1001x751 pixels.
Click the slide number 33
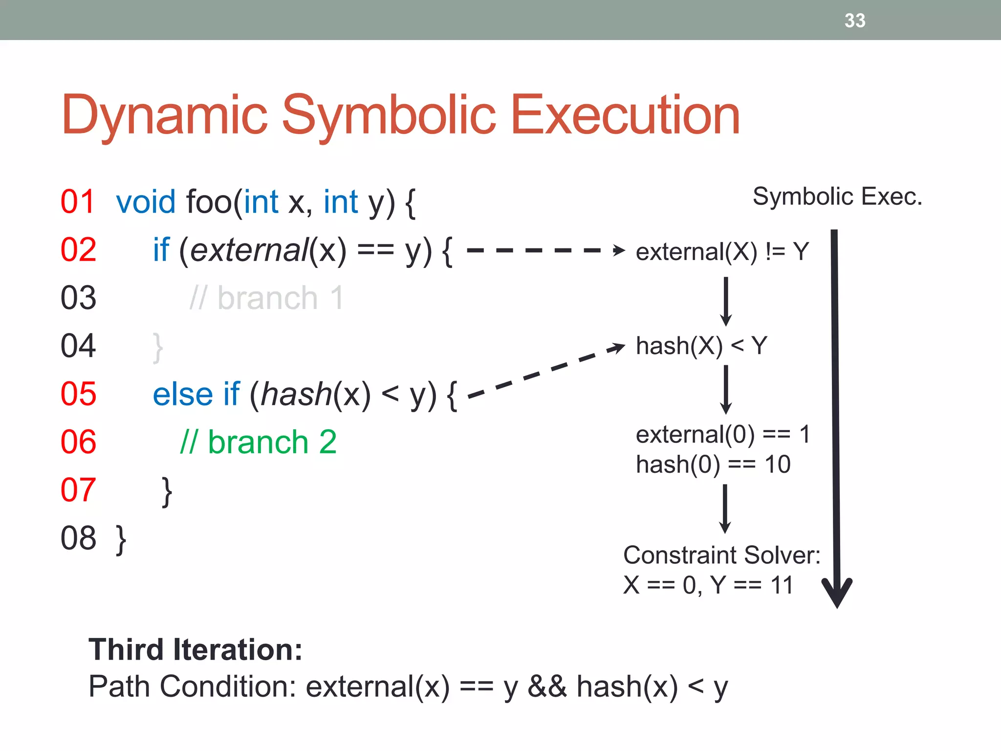pos(854,21)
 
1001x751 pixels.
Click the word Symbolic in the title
pos(389,115)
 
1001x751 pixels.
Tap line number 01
pos(77,201)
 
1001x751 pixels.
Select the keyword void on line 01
pos(146,201)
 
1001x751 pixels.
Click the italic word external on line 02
pos(248,250)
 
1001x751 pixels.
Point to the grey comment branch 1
pos(267,298)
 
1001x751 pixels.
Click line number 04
pos(78,346)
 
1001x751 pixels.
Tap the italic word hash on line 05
pos(296,394)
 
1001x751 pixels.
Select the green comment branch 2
pos(259,442)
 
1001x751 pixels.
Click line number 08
pos(78,538)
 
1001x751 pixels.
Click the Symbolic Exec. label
pos(837,197)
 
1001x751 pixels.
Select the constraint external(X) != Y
pos(722,252)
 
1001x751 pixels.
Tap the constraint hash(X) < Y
pos(701,346)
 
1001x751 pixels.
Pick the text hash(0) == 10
pos(713,464)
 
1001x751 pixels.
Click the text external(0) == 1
pos(722,434)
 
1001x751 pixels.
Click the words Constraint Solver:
pos(721,555)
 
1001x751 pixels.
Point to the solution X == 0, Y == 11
pos(708,585)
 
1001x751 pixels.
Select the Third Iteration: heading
pos(196,650)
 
